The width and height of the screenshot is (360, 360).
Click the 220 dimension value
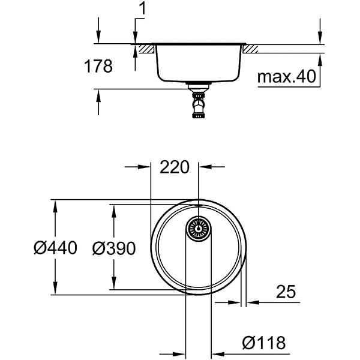point(175,167)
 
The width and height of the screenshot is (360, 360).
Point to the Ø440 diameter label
point(55,247)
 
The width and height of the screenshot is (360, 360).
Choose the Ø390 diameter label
point(113,247)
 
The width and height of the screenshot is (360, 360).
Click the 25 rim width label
point(286,292)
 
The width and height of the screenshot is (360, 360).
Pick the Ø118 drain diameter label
point(263,344)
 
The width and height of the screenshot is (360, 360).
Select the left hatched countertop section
point(145,48)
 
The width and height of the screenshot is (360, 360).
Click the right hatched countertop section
point(251,48)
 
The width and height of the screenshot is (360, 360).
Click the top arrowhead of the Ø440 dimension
point(55,205)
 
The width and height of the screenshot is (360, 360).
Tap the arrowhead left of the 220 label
point(144,167)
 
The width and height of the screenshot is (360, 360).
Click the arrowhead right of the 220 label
point(203,167)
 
